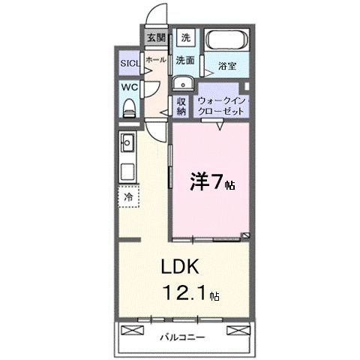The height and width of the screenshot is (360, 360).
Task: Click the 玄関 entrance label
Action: click(x=156, y=37)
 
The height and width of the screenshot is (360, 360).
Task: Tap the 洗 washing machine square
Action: click(x=187, y=37)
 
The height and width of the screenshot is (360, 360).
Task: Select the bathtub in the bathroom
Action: click(x=227, y=42)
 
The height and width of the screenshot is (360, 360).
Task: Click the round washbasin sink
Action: click(x=183, y=83)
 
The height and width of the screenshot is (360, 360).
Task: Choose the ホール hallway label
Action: click(x=155, y=58)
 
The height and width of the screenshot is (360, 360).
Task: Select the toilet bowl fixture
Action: click(x=128, y=107)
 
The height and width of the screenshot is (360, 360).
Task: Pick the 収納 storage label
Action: click(x=182, y=106)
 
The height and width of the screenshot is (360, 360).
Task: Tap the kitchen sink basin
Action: click(x=126, y=141)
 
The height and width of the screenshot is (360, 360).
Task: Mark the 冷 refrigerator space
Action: click(x=127, y=197)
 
